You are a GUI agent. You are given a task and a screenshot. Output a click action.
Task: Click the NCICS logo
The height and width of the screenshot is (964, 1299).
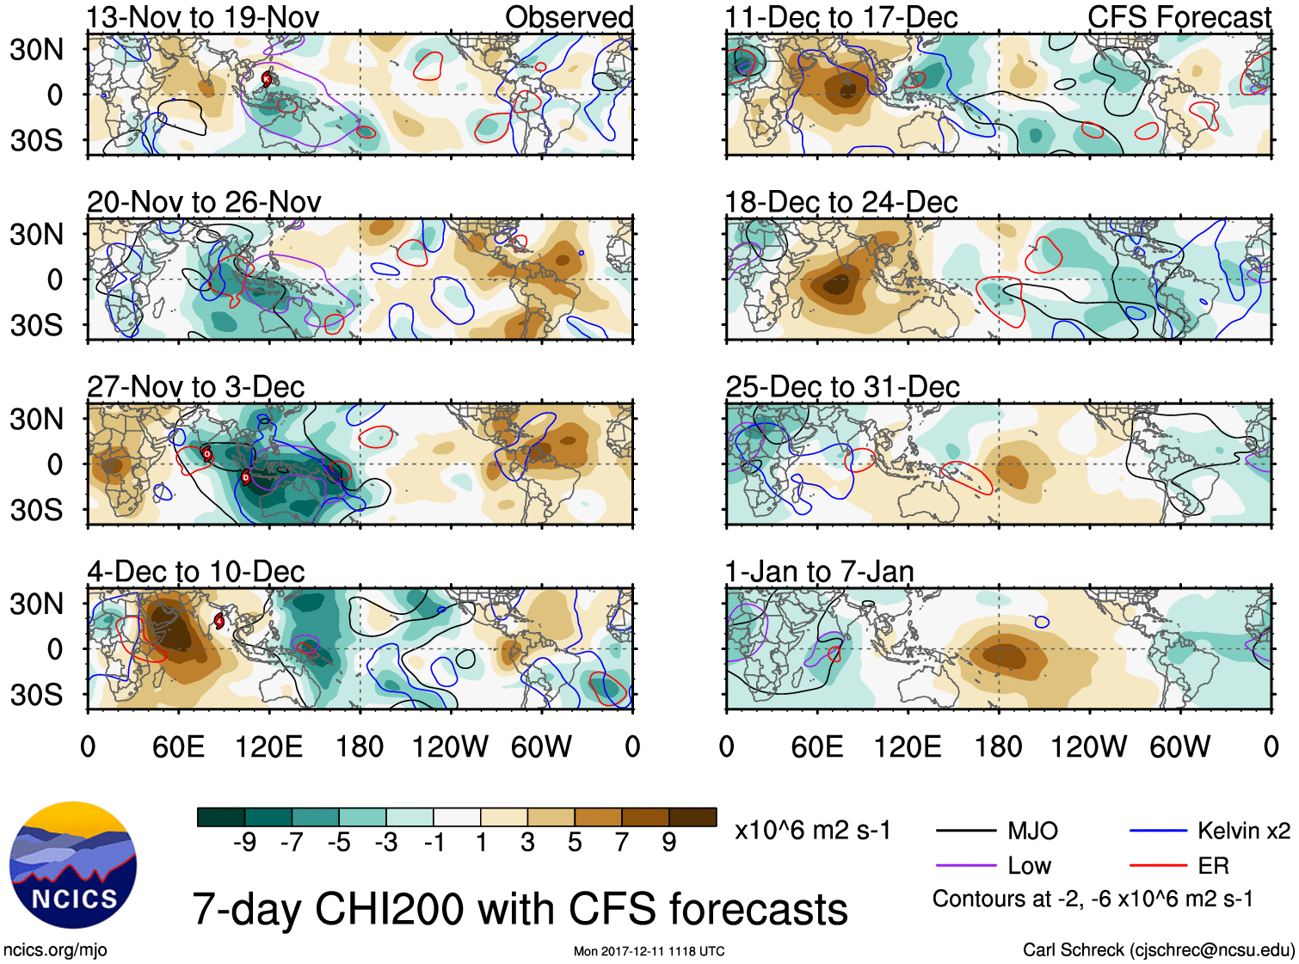73,865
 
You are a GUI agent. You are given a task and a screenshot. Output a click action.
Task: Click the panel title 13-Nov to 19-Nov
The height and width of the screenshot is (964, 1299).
203,17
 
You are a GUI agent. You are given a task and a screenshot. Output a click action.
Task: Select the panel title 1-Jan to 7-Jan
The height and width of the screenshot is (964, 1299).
819,572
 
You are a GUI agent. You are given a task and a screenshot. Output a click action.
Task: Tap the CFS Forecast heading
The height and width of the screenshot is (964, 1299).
1179,17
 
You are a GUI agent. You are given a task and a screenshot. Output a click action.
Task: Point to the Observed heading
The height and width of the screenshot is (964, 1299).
569,17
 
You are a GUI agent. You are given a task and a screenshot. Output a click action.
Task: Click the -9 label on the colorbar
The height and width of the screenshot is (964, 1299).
244,843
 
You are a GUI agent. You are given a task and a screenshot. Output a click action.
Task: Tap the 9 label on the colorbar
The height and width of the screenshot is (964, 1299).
669,843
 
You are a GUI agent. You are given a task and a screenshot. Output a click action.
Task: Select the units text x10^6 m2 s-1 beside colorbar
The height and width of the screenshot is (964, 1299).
812,831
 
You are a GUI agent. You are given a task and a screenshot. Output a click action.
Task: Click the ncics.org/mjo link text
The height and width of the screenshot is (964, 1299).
55,950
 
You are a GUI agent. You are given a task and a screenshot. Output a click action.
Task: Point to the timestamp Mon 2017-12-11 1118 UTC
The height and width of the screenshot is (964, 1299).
649,951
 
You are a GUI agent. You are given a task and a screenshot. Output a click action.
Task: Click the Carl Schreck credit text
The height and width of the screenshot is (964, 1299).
1158,950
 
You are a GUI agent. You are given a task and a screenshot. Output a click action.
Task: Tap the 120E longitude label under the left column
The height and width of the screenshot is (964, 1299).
268,746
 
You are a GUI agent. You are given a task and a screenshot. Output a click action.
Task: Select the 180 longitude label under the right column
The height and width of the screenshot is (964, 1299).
998,746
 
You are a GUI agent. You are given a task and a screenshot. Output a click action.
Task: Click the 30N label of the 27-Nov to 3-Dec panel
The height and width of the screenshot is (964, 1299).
36,420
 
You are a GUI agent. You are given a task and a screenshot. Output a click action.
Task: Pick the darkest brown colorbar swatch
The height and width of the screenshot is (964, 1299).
693,817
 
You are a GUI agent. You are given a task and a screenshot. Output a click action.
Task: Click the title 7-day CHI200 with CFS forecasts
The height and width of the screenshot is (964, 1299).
520,910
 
